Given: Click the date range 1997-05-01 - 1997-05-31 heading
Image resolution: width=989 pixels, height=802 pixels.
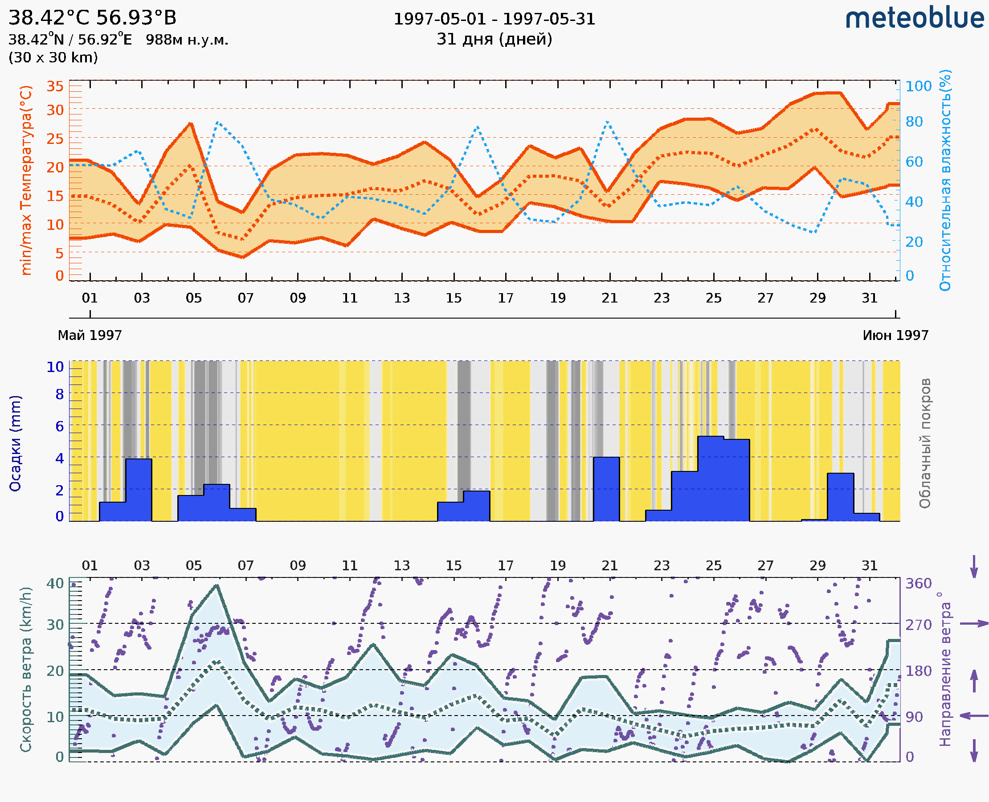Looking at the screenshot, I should coord(494,19).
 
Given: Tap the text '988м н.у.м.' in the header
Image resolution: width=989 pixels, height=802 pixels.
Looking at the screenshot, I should coord(187,40).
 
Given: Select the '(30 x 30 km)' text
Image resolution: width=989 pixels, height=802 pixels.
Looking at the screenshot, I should coord(53,58).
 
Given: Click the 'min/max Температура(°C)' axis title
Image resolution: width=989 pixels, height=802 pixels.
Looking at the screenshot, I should coord(26,180).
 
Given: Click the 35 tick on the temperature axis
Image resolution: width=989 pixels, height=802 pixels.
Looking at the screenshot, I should coord(55,86).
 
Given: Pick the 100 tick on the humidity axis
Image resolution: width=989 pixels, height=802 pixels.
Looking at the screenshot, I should coord(918,86).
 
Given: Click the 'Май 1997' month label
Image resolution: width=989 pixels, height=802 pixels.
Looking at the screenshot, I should coord(90,336).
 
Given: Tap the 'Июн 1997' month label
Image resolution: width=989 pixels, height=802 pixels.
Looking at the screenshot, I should coord(895,336).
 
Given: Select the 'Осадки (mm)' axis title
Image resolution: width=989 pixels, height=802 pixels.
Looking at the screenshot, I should coord(15,443).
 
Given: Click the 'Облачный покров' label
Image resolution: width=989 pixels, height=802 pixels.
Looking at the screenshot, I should coord(924,443).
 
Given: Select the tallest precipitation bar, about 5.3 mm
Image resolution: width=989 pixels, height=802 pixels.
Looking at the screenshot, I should coord(710,479).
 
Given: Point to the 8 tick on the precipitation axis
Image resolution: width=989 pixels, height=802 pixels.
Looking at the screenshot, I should coord(60,394).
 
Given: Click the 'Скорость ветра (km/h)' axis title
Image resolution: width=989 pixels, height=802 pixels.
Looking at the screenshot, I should coord(26,669).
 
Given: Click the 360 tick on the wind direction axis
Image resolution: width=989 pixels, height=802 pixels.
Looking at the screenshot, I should coord(918,584).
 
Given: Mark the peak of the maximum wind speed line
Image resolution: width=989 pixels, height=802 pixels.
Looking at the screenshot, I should coord(217,586).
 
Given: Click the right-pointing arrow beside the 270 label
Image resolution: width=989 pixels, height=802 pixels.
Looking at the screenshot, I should coord(974,624).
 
